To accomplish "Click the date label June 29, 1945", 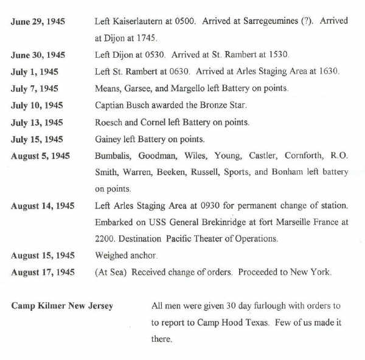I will coord(38,22).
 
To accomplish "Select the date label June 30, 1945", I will coord(38,55).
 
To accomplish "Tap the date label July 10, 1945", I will coord(36,105).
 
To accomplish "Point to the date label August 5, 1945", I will coord(40,156).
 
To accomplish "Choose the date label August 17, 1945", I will coord(43,272).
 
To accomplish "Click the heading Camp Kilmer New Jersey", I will coord(62,306).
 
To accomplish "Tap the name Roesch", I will coord(109,122).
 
